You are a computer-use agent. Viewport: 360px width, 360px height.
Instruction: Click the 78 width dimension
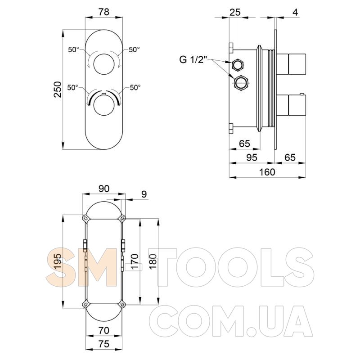point(104,12)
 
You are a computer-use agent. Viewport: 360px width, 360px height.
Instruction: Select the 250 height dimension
point(58,89)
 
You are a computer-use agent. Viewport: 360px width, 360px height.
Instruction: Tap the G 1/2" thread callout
point(193,60)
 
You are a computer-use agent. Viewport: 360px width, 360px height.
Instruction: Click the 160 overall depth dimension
point(267,172)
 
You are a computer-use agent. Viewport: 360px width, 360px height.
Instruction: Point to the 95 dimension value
point(252,157)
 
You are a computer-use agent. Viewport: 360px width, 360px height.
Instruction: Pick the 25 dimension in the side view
point(235,12)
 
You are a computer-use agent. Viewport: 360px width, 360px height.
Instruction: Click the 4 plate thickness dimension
point(296,12)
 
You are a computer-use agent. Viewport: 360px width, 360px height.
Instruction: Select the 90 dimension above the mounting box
point(104,189)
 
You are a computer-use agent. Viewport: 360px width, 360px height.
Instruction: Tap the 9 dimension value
point(144,194)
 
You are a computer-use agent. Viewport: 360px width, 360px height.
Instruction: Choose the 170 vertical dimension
point(135,262)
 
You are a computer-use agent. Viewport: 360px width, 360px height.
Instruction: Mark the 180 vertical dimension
point(153,262)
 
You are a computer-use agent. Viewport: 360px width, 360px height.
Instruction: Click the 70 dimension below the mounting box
point(103,330)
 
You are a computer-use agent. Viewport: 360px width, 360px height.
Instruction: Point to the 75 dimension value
point(103,344)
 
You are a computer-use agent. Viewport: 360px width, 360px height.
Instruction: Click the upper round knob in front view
point(104,64)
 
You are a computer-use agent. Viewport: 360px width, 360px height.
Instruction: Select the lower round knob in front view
point(104,105)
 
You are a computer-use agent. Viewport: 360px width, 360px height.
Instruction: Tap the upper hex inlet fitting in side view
point(238,65)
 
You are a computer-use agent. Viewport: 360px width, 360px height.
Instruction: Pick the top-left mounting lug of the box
point(85,218)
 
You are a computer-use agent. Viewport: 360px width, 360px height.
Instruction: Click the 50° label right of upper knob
point(134,49)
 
